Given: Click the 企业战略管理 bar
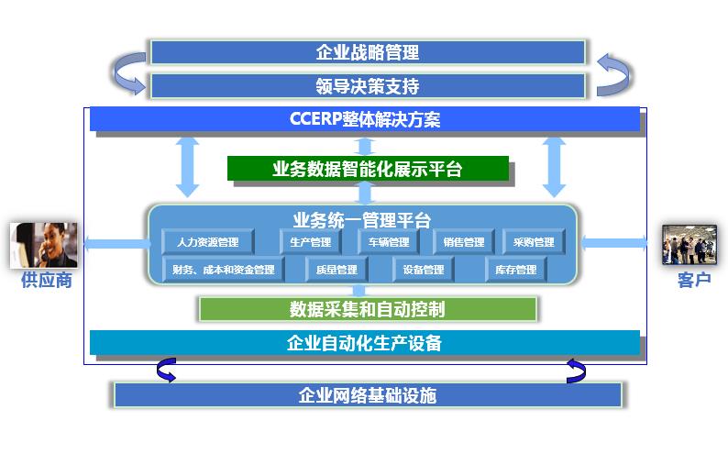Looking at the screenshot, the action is pos(368,52).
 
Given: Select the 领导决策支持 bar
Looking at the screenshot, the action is pos(368,86).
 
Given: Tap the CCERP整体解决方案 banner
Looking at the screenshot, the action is pos(365,119).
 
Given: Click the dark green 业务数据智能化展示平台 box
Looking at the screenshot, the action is pos(368,168).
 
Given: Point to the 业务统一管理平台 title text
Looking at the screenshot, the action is pos(361,220).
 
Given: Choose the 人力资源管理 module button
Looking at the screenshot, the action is pos(207,241).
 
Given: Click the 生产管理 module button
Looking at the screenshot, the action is pos(311,241).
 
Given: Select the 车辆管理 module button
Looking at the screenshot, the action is pos(389,241).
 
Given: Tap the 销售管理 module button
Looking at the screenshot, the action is pos(463,241).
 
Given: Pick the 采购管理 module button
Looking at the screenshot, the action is pos(534,241).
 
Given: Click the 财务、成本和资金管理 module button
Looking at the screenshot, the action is pos(224,270).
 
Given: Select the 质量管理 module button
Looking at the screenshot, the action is pos(336,270).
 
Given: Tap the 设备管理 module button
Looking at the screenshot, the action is pos(424,270).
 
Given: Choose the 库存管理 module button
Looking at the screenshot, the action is pos(516,270).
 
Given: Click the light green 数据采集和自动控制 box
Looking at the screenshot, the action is pos(368,309).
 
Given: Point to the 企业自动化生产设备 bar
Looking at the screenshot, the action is pos(365,342).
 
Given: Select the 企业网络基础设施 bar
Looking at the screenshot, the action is pos(368,395).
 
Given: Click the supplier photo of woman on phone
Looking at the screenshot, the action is pos(44,245).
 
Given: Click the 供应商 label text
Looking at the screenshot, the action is pos(47,280).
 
